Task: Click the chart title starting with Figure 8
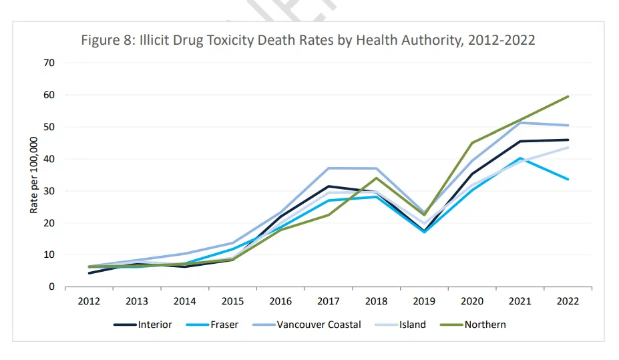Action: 308,40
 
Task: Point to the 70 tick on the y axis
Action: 49,63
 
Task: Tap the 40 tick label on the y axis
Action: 49,159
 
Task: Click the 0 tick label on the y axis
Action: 51,287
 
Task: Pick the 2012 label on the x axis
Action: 89,301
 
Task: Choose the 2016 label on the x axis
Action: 280,301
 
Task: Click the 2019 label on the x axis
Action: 425,301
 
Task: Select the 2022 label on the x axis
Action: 568,301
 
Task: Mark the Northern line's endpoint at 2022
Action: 568,96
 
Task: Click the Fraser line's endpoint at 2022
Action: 568,179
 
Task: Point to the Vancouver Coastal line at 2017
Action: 329,168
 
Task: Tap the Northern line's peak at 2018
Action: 377,178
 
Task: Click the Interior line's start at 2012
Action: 89,273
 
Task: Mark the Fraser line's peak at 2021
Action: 521,158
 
